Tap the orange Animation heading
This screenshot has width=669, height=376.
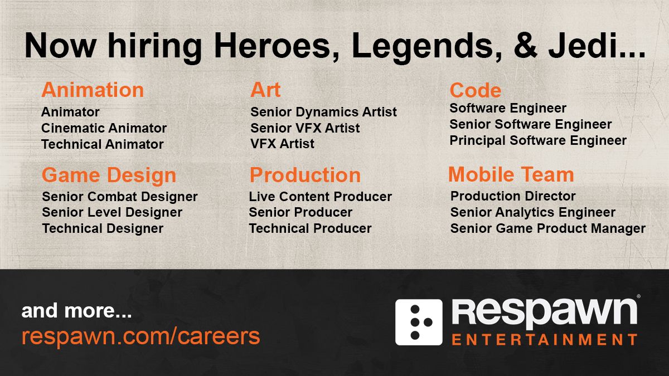coord(93,90)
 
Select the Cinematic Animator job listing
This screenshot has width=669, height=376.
coord(104,128)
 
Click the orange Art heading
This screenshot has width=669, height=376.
coord(265,90)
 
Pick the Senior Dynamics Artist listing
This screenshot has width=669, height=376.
coord(323,112)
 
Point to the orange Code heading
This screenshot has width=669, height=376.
coord(475,90)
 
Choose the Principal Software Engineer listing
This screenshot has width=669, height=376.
coord(538,140)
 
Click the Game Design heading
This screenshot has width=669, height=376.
coord(109,175)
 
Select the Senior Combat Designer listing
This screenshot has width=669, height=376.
coord(119,197)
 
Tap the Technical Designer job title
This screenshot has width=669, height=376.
coord(103,228)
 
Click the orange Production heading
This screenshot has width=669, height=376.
coord(305,175)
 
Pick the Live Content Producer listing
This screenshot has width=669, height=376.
coord(320,197)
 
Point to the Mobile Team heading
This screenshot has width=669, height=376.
coord(511,174)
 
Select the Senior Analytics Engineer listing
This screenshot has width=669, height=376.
coord(532,212)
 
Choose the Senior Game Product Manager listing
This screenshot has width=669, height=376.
coord(547,228)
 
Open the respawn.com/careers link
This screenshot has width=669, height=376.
coord(140,336)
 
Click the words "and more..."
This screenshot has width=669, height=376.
coord(76,311)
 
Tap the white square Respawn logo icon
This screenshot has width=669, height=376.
coord(419,322)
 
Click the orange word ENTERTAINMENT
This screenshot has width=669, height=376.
coord(544,339)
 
